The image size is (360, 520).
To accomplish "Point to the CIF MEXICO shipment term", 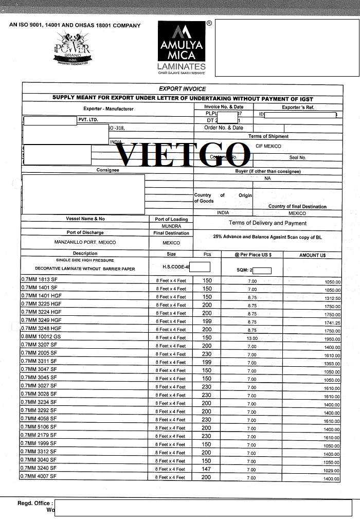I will tap(268, 146).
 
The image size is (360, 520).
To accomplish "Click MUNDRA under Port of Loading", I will tap(171, 226).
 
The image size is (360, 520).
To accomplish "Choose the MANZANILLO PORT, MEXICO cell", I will tap(85, 242).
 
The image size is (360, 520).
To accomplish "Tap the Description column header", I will tap(85, 254).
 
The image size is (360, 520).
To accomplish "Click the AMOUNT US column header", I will tap(312, 255).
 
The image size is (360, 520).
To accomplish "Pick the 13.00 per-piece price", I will tap(252, 338).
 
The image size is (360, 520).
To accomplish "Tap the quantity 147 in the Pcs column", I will tap(206, 469).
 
